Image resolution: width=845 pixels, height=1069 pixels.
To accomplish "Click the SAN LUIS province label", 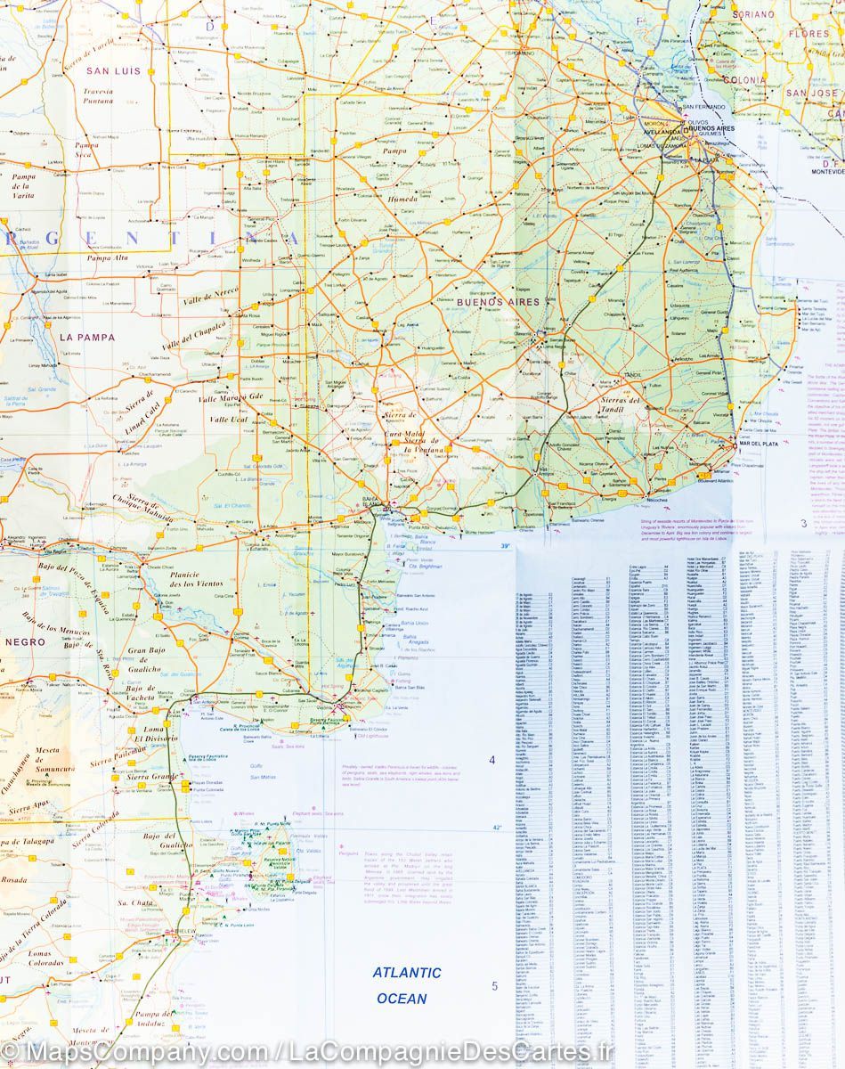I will coord(113,71).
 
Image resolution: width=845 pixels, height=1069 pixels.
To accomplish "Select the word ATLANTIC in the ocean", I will coord(407,974).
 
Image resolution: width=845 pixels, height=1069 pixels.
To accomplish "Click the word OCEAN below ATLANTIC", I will coord(402,999).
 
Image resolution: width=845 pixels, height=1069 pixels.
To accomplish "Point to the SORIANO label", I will coord(752,15).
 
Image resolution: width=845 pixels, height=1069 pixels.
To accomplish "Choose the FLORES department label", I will coord(808,35).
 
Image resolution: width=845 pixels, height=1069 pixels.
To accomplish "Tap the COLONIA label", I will coord(744,80).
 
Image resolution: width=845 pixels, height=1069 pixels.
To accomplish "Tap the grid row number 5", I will coord(494,986).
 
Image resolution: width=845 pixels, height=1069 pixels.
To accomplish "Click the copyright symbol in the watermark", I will coord(11,1052).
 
